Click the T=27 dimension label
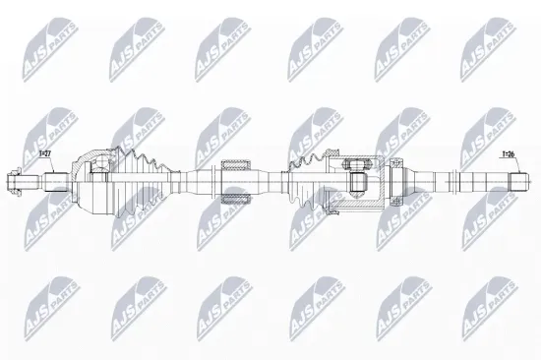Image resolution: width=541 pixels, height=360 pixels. click(44, 155)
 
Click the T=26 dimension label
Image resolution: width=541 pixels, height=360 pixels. click(508, 154)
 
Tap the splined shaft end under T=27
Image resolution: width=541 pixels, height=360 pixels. click(54, 181)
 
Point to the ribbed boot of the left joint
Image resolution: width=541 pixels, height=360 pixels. click(144, 180)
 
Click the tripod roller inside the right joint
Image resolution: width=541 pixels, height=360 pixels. click(357, 181)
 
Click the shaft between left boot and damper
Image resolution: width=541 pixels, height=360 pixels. click(192, 181)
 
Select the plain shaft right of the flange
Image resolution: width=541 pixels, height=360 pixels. click(433, 181)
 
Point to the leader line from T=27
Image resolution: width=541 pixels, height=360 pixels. click(44, 165)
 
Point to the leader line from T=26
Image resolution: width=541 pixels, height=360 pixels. click(508, 165)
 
